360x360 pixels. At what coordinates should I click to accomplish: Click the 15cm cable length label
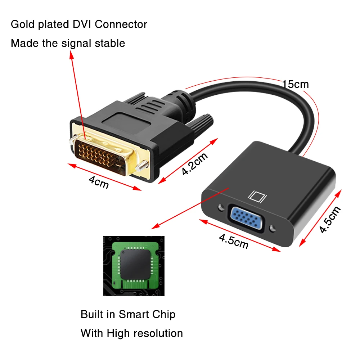tap(296, 84)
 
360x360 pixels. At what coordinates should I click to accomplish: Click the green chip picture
tap(134, 265)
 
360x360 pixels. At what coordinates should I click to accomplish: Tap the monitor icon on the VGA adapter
tap(257, 196)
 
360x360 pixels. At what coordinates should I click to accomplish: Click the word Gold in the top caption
tap(22, 24)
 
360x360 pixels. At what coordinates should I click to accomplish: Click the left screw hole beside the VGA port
tap(220, 208)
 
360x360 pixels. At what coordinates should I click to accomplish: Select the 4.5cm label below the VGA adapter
tap(234, 242)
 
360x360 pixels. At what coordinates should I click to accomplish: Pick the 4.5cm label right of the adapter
tap(330, 220)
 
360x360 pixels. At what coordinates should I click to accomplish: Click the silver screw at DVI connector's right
tap(142, 165)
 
